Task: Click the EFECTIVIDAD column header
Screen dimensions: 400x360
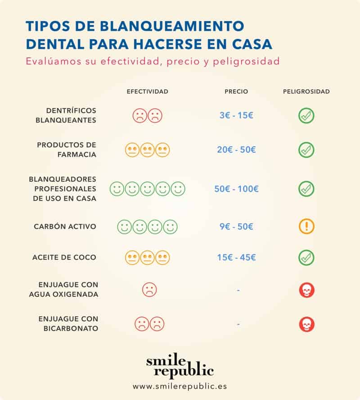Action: pos(147,91)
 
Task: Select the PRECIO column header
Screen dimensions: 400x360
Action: pos(236,91)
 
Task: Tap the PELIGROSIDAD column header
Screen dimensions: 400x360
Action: pos(306,91)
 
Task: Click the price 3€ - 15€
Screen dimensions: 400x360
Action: pos(236,115)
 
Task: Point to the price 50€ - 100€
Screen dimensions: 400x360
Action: pos(236,189)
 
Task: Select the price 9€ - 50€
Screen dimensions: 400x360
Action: pos(236,227)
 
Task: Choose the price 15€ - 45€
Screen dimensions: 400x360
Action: pos(236,258)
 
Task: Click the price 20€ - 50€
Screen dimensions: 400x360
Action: pos(236,150)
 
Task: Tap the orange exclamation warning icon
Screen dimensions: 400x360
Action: pos(306,227)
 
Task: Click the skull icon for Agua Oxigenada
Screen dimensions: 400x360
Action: pos(306,291)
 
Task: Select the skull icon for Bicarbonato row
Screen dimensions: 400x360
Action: pos(306,324)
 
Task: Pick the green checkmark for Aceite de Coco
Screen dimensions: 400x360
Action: pos(306,258)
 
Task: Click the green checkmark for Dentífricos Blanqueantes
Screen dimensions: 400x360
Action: pos(306,116)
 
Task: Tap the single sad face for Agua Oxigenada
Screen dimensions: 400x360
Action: pos(149,289)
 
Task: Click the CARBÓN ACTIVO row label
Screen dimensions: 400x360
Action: pos(65,227)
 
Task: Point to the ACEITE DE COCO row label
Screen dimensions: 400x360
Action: pos(64,258)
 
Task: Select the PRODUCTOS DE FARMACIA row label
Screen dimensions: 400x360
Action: pos(67,150)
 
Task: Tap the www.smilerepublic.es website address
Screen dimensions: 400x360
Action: pos(180,386)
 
